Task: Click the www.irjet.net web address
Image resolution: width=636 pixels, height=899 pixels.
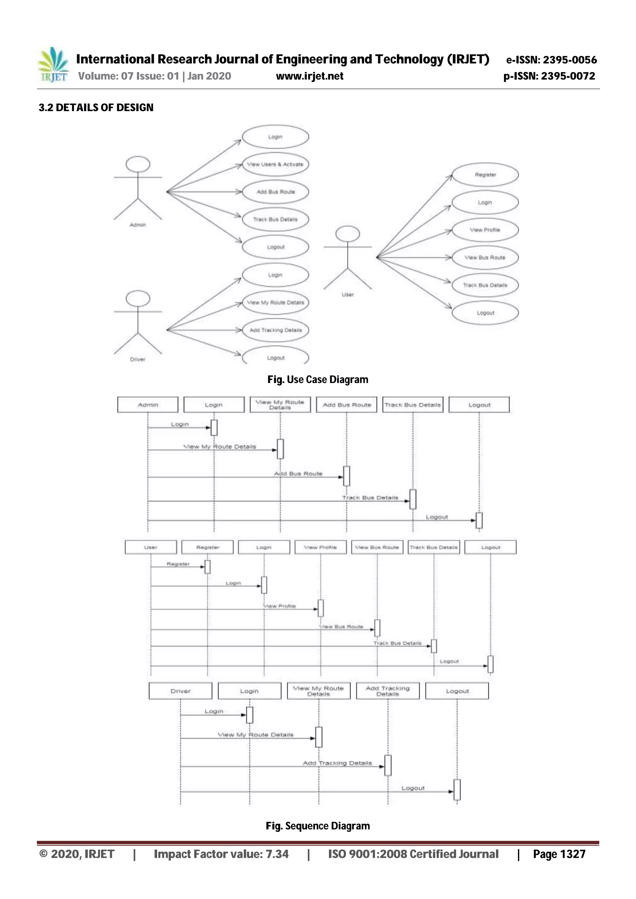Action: [x=310, y=76]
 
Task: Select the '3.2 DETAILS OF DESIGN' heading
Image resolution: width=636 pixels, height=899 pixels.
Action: [x=96, y=108]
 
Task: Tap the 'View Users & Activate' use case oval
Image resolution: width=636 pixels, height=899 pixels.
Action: [x=275, y=164]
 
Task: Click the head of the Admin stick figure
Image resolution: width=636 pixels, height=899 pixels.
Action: [x=138, y=164]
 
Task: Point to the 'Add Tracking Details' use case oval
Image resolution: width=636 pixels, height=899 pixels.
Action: [x=275, y=330]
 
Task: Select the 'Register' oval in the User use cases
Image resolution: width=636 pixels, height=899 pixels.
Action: [x=485, y=175]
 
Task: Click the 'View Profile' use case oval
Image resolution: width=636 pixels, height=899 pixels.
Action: [x=485, y=230]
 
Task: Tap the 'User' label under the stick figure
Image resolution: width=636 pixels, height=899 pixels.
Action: [x=348, y=294]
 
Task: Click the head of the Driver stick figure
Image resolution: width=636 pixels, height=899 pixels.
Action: [x=138, y=298]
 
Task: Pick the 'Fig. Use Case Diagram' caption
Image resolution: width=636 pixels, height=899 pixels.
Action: [x=318, y=380]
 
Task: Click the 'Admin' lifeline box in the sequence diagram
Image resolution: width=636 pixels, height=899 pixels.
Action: [x=148, y=405]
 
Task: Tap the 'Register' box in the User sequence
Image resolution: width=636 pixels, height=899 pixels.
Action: [x=208, y=547]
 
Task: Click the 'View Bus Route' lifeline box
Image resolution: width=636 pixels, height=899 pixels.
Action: [x=377, y=547]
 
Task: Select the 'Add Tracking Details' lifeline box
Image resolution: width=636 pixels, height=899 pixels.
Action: [x=388, y=691]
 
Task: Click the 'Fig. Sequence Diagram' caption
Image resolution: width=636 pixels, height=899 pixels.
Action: [x=318, y=826]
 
